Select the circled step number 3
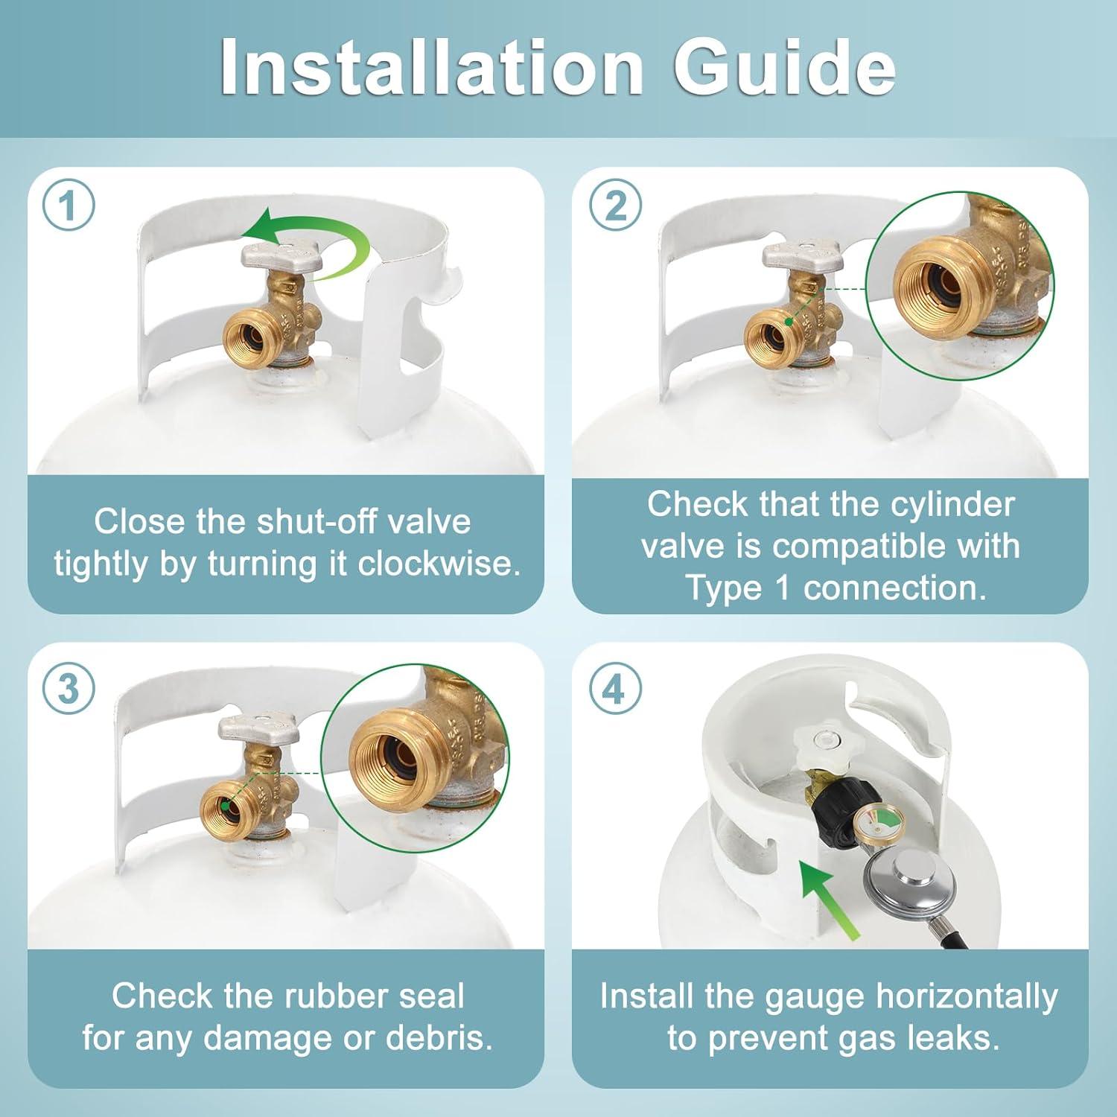click(x=69, y=689)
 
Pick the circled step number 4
click(x=615, y=689)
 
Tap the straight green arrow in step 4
click(x=829, y=898)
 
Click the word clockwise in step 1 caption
click(x=439, y=564)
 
